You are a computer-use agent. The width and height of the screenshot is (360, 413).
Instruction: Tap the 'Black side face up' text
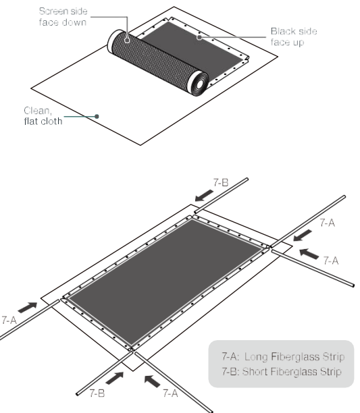(x=293, y=36)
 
